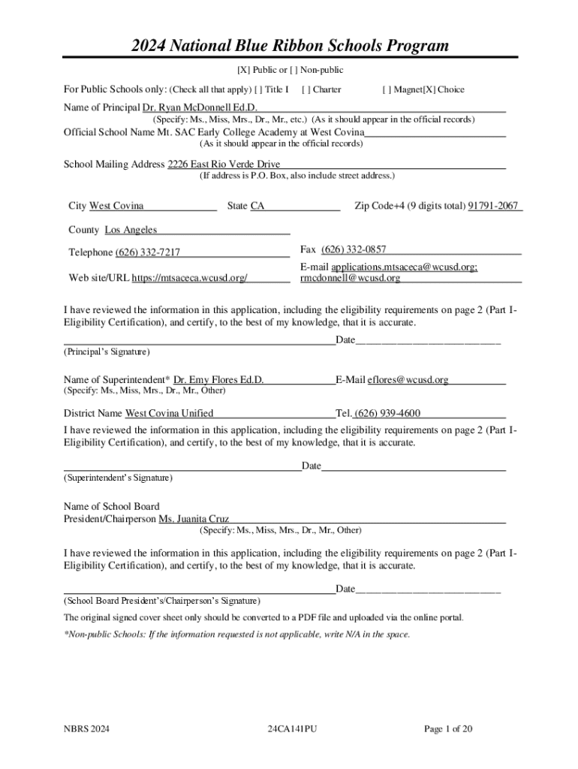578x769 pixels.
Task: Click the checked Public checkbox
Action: click(x=242, y=71)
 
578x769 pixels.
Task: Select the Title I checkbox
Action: click(x=260, y=89)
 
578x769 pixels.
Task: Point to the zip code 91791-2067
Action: click(x=493, y=206)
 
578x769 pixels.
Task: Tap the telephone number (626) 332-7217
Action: click(x=147, y=252)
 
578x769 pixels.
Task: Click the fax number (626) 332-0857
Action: click(x=354, y=249)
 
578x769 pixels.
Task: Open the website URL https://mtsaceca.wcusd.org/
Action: click(x=190, y=278)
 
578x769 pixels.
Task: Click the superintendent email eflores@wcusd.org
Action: click(x=408, y=380)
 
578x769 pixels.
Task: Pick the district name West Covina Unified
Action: click(x=169, y=413)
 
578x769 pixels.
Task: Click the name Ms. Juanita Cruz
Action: click(x=193, y=519)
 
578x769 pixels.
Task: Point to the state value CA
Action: click(x=257, y=206)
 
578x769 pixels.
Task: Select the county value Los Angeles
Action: click(x=131, y=230)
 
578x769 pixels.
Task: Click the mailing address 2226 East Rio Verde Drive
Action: click(x=224, y=164)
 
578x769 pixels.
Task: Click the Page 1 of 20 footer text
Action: click(x=448, y=729)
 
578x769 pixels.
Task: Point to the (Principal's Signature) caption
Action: click(x=107, y=351)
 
